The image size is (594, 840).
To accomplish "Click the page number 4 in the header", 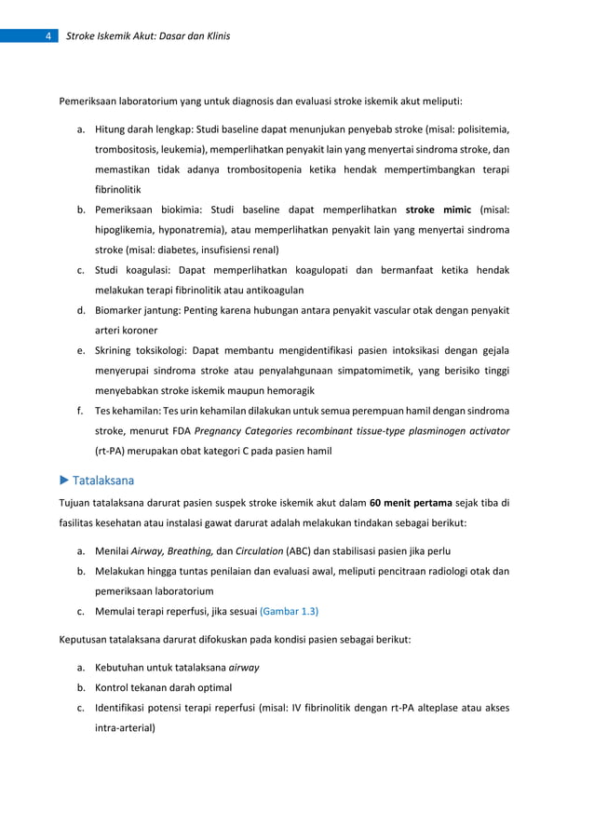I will pyautogui.click(x=47, y=36).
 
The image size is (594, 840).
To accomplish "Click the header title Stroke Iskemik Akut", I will pyautogui.click(x=149, y=36).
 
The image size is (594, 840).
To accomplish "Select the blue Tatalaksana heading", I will pyautogui.click(x=103, y=481).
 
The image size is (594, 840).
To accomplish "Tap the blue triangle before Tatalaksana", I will pyautogui.click(x=64, y=481).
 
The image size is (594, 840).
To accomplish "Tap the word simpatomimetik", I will pyautogui.click(x=386, y=371).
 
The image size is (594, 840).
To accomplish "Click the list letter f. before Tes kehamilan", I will pyautogui.click(x=82, y=411).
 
